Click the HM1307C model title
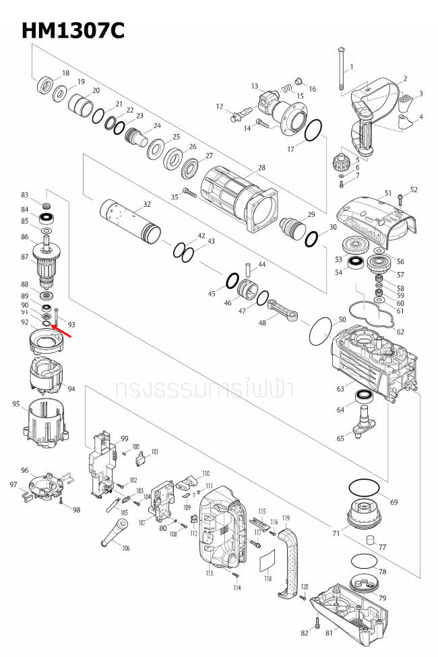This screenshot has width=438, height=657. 73,30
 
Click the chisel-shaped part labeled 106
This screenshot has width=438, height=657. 111,536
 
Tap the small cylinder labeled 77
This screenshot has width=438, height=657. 370,540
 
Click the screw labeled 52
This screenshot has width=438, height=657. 401,199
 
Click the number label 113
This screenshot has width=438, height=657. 209,573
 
